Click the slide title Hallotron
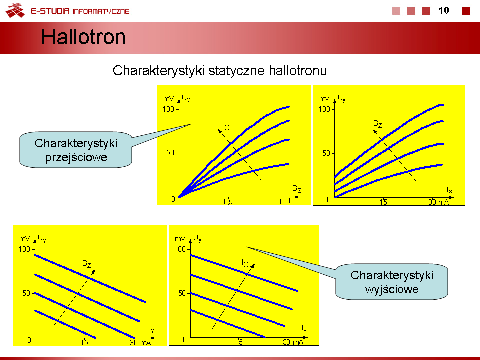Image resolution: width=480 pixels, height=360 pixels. (x=83, y=37)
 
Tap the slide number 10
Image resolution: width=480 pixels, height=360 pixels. (x=444, y=11)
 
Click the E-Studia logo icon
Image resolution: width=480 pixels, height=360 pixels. (x=15, y=10)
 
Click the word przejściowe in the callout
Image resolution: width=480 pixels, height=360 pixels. (x=76, y=158)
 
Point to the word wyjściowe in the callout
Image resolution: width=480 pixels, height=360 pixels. (x=392, y=289)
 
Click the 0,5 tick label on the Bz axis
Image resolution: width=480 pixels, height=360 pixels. (x=228, y=201)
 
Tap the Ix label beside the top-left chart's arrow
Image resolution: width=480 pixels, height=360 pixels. (x=226, y=126)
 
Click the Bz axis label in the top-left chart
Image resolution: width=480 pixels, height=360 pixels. (x=297, y=189)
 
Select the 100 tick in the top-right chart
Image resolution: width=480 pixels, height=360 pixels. (x=324, y=109)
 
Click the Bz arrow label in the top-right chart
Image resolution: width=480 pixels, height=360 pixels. (x=378, y=124)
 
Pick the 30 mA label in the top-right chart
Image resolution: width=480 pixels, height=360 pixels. (x=438, y=202)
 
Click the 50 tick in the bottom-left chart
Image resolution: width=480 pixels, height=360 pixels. (x=26, y=293)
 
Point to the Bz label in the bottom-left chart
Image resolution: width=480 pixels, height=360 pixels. (x=86, y=264)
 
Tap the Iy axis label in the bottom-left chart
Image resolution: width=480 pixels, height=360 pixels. (x=152, y=329)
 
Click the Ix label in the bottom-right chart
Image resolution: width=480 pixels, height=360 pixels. (x=245, y=263)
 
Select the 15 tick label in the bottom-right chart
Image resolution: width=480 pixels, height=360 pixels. (x=239, y=342)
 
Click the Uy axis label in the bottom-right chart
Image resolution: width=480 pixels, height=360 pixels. (x=197, y=238)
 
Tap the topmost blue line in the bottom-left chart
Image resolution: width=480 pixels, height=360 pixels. (x=90, y=278)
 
